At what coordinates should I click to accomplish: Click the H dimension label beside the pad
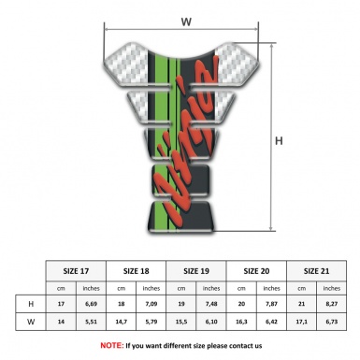click(x=280, y=142)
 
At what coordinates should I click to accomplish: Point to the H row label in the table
click(x=31, y=304)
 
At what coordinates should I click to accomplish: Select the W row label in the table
click(x=31, y=324)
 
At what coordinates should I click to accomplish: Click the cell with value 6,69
click(x=91, y=304)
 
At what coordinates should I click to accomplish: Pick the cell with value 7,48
click(x=212, y=304)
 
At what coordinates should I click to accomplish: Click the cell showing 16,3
click(x=243, y=324)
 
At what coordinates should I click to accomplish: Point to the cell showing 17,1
click(x=301, y=324)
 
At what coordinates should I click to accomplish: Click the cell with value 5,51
click(x=91, y=324)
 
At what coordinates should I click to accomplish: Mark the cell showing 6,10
click(x=212, y=324)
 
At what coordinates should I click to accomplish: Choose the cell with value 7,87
click(x=271, y=304)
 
